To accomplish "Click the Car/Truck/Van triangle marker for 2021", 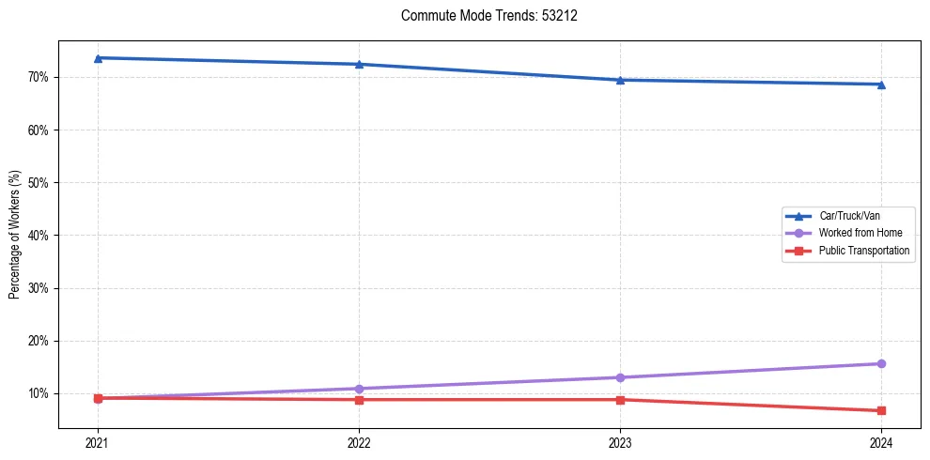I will pos(98,58).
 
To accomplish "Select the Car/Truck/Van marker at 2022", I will pos(359,64).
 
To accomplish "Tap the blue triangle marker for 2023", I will pos(620,80).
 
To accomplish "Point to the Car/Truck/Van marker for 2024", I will pos(881,84).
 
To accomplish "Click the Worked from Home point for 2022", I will pos(359,389).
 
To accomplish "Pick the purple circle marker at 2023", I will pos(620,377).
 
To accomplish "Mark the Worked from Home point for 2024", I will pos(881,363).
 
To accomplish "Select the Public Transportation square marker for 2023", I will pos(620,400).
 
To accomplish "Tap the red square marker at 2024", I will pos(881,410).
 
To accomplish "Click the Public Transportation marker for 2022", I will pos(359,400).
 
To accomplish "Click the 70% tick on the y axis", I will pos(39,77).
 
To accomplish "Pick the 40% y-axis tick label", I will pos(39,236).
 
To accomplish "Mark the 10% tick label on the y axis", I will pos(39,393).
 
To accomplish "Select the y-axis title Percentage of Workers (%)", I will pos(15,235).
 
